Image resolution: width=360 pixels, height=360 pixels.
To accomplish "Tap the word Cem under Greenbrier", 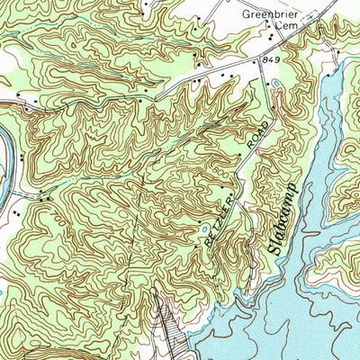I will click(x=285, y=28).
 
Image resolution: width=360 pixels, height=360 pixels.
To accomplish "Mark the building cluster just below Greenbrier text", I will click(x=271, y=37).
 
